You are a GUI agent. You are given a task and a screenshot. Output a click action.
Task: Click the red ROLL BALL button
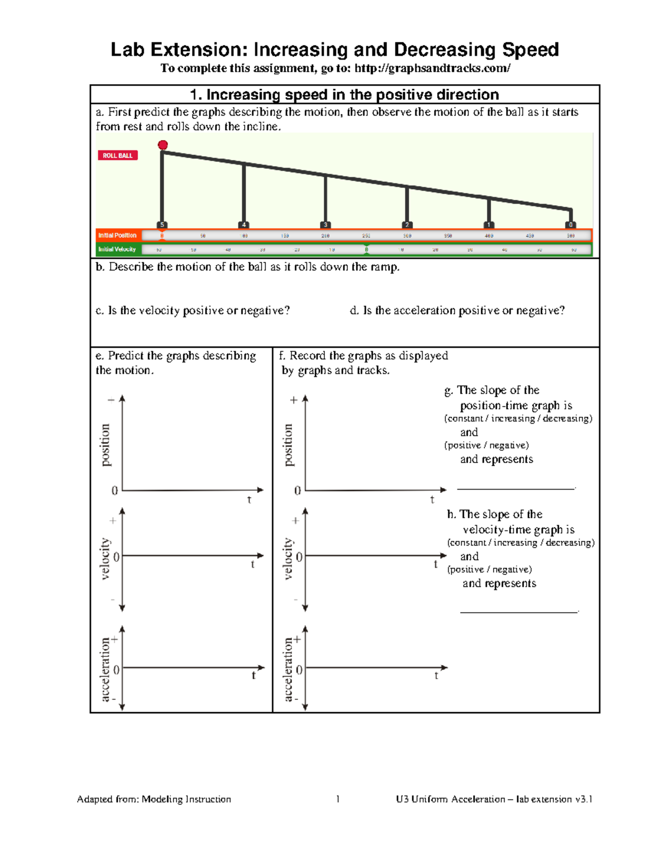pyautogui.click(x=118, y=155)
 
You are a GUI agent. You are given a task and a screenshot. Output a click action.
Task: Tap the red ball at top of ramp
pyautogui.click(x=163, y=145)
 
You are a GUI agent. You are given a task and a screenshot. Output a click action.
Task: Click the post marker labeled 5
pyautogui.click(x=162, y=225)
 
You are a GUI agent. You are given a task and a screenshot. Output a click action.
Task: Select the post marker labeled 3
pyautogui.click(x=325, y=225)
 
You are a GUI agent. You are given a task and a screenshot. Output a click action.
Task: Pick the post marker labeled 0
pyautogui.click(x=570, y=225)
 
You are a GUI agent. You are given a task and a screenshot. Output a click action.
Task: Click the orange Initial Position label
pyautogui.click(x=118, y=235)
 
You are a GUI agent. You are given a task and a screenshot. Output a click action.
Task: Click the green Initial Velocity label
pyautogui.click(x=117, y=249)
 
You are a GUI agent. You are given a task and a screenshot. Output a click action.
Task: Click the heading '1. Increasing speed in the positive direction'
pyautogui.click(x=344, y=94)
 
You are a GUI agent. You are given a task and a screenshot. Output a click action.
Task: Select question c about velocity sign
pyautogui.click(x=193, y=310)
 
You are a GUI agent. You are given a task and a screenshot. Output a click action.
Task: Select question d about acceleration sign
pyautogui.click(x=457, y=310)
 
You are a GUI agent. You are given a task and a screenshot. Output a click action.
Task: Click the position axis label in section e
pyautogui.click(x=105, y=445)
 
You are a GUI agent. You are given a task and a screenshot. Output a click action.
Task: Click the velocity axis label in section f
pyautogui.click(x=288, y=559)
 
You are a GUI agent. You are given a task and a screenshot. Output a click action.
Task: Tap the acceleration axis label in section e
pyautogui.click(x=105, y=670)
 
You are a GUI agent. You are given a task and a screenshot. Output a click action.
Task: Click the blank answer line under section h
pyautogui.click(x=519, y=611)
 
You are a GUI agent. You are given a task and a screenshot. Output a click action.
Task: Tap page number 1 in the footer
pyautogui.click(x=338, y=799)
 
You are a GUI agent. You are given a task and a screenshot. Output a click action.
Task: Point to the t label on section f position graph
pyautogui.click(x=432, y=499)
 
